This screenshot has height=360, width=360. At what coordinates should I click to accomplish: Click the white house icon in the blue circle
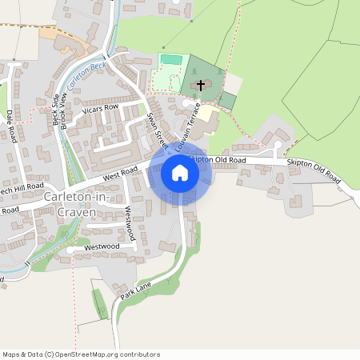[180, 173]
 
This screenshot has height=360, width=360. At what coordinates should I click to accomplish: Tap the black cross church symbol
[200, 85]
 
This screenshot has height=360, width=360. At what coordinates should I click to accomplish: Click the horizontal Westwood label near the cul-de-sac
[101, 246]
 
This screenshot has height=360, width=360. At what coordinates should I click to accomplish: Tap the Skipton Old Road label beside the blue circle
[218, 160]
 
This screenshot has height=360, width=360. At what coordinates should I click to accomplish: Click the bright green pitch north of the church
[171, 59]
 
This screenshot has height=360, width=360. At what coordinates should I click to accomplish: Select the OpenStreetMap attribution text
[81, 354]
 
